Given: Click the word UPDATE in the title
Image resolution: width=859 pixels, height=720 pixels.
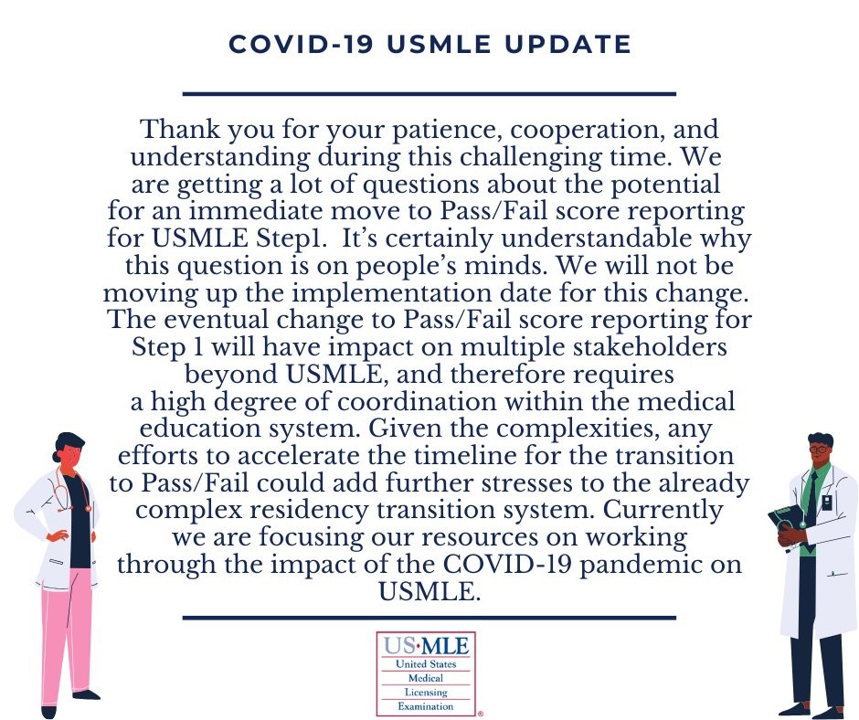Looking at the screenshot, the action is click(567, 45).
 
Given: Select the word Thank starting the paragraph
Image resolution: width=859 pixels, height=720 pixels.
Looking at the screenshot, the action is click(180, 130).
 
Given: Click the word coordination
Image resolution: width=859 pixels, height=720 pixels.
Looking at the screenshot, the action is click(417, 402).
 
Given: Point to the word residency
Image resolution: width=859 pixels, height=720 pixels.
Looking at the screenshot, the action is click(309, 511).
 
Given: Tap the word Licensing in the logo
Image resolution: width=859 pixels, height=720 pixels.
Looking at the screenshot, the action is click(426, 693).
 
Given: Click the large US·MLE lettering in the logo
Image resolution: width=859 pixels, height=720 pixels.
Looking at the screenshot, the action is click(426, 645).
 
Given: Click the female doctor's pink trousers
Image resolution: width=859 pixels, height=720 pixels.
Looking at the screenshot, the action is click(66, 630).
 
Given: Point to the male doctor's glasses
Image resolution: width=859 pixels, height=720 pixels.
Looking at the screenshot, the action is click(818, 450).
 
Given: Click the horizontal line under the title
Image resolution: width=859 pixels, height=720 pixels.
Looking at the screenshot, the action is click(429, 94).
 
